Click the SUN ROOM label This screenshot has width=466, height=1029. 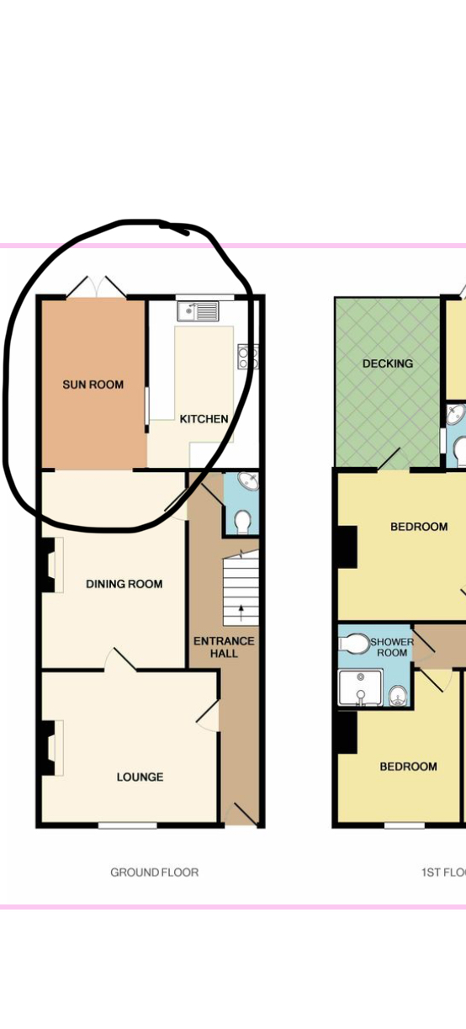click(x=93, y=385)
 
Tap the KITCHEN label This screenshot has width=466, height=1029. click(x=204, y=419)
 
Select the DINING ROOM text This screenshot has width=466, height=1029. click(x=124, y=584)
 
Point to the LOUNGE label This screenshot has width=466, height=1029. click(x=140, y=777)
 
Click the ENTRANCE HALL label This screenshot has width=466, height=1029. click(x=224, y=647)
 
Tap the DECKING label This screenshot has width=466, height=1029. click(x=388, y=363)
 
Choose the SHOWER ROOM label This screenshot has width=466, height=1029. click(x=392, y=647)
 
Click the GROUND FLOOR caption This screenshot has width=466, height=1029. click(x=155, y=873)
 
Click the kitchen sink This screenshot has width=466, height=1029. click(x=199, y=311)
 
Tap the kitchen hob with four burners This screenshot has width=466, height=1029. click(x=248, y=357)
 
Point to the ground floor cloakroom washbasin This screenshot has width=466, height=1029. click(x=248, y=480)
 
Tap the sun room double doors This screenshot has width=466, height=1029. click(x=97, y=287)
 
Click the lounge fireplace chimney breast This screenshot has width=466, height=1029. click(x=48, y=748)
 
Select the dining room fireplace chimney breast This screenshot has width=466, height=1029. click(x=48, y=565)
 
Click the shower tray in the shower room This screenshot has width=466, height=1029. click(x=360, y=687)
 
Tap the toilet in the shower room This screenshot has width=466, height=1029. click(x=354, y=644)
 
